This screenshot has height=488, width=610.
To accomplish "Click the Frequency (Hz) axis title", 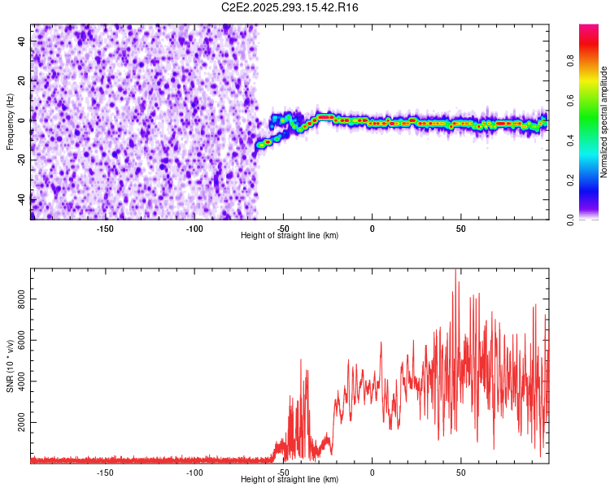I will click(10, 122).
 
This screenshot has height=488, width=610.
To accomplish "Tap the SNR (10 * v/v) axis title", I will click(10, 365).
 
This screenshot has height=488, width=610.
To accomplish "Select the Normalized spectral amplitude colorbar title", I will click(604, 122).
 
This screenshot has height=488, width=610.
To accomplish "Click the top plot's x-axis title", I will click(290, 235).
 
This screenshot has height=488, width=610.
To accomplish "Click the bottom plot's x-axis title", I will click(290, 479).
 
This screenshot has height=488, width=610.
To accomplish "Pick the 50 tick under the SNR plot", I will click(461, 472).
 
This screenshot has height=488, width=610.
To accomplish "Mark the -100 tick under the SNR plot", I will click(194, 472).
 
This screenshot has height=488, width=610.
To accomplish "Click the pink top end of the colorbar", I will click(589, 28).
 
